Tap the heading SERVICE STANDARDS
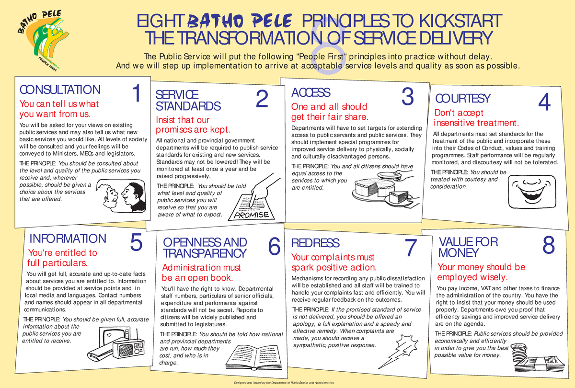coord(188,100)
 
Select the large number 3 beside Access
coord(407,97)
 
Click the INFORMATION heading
coord(68,239)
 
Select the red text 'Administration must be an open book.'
coord(202,273)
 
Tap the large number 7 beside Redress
coord(411,248)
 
